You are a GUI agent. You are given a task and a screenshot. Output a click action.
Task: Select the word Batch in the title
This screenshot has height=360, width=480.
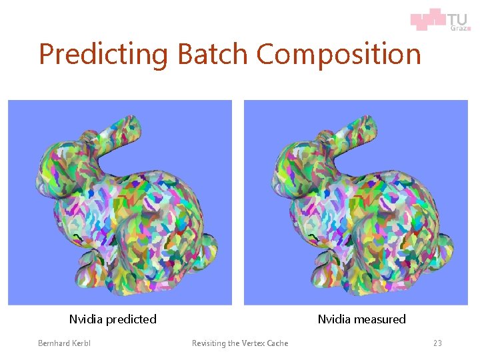pyautogui.click(x=213, y=53)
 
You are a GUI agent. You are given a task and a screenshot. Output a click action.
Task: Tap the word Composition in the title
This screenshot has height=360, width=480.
pyautogui.click(x=339, y=55)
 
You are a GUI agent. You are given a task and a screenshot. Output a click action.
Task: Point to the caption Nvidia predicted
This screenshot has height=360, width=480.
pyautogui.click(x=113, y=319)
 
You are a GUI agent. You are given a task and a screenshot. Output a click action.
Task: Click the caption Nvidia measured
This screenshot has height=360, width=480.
pyautogui.click(x=361, y=319)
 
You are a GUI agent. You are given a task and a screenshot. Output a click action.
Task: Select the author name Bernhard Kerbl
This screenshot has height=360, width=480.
pyautogui.click(x=64, y=343)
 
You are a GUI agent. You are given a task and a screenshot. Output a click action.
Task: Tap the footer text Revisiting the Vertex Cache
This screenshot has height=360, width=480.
pyautogui.click(x=240, y=343)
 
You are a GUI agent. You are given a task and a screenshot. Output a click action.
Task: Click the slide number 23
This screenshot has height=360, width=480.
pyautogui.click(x=437, y=343)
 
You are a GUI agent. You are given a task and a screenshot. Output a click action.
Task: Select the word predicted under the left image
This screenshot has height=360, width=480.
pyautogui.click(x=131, y=319)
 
